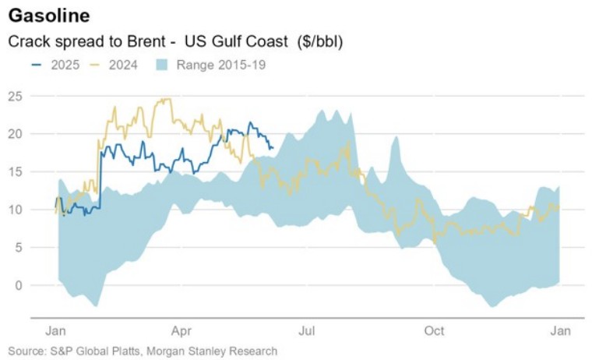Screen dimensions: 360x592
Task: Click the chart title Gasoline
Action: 49,16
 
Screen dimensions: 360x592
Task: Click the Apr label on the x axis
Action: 181,330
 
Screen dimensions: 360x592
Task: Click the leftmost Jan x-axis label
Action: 56,330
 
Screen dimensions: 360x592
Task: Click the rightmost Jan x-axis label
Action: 559,330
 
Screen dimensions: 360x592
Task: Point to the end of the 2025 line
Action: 272,146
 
